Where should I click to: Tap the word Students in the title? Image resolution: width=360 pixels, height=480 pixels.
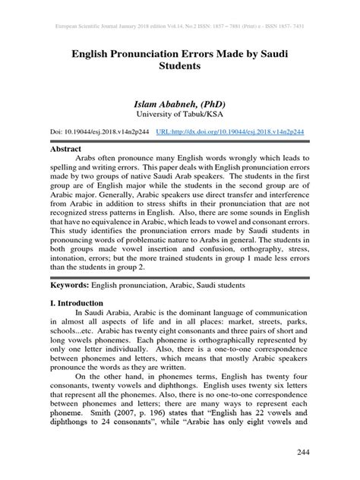(x=179, y=66)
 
